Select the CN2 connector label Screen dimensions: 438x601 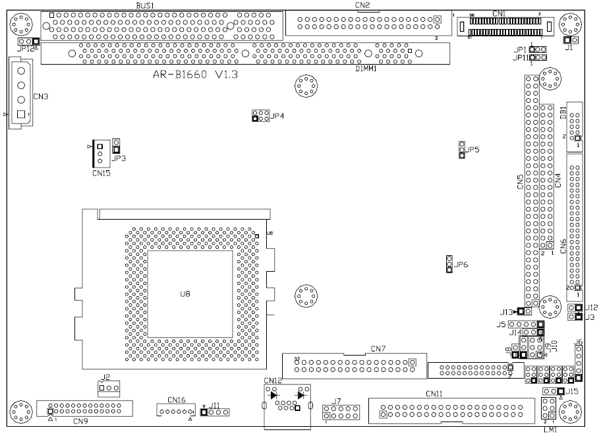(362, 5)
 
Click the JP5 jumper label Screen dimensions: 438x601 (472, 150)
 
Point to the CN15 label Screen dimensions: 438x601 (101, 173)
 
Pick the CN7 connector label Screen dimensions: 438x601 (378, 348)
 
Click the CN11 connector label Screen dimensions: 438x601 (434, 394)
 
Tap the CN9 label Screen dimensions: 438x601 (80, 421)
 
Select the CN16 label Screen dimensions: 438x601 (177, 400)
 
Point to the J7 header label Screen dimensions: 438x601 (336, 401)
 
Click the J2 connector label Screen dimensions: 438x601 (105, 378)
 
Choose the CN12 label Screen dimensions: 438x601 (273, 381)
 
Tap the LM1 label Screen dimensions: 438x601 (550, 429)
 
